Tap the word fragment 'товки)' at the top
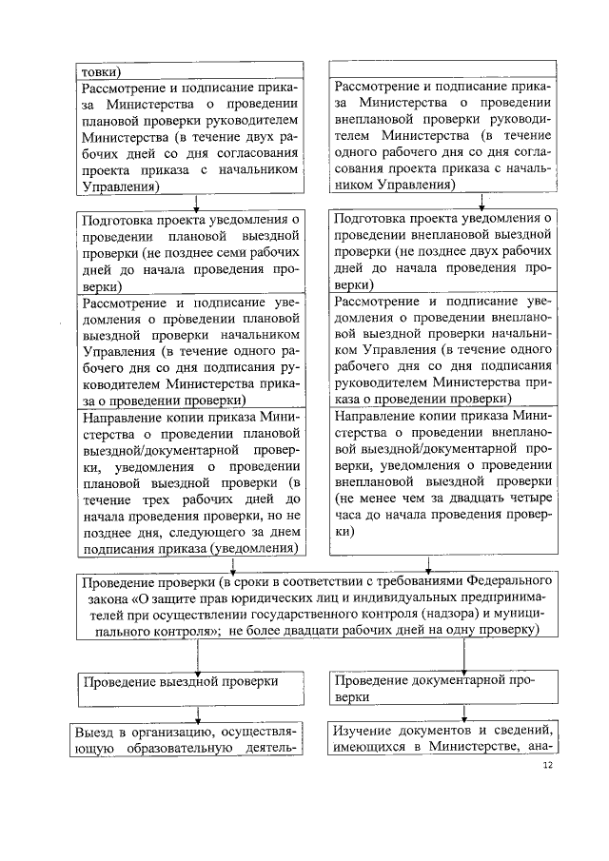(x=100, y=70)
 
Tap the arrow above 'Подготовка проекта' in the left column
(x=196, y=201)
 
